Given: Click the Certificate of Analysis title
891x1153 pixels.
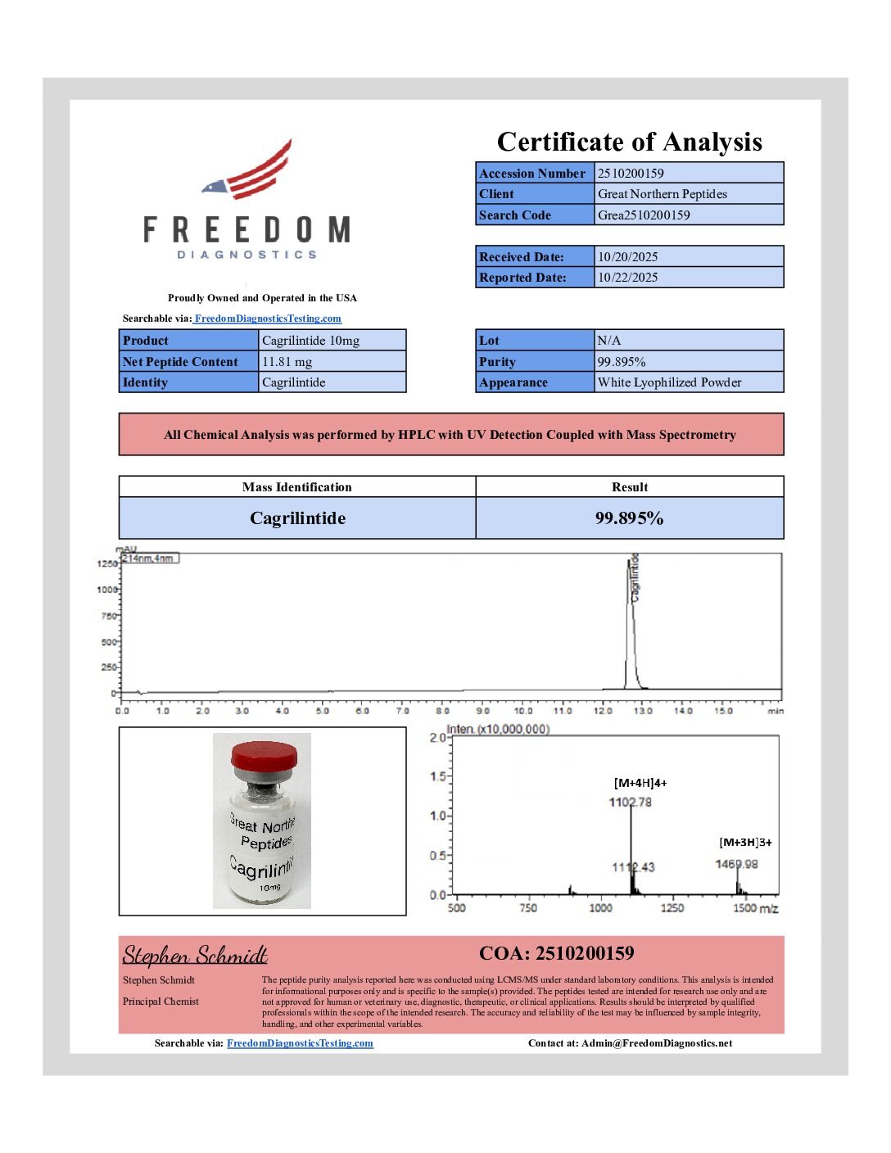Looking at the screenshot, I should pos(629,142).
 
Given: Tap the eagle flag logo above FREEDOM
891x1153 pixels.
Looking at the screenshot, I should pos(250,172).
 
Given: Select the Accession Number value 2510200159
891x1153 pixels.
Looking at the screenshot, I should pos(631,173).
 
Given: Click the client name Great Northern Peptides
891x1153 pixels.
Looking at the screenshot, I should pos(662,194).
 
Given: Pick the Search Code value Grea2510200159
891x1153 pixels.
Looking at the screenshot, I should pos(644,215).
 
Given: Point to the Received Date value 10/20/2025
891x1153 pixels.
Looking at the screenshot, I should pos(627,257).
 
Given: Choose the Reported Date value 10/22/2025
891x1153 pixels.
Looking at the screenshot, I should pos(627,278).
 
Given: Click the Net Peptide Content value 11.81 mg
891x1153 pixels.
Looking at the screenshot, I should pos(287,362).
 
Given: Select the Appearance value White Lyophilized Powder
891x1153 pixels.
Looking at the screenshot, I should pos(669,382).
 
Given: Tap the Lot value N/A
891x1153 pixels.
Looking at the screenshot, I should pos(609,341).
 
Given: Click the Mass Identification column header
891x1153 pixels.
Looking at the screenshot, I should pos(296,487).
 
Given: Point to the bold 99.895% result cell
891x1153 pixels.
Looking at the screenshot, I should pos(629,518).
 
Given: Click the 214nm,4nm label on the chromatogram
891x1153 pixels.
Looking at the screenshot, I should pos(149,558).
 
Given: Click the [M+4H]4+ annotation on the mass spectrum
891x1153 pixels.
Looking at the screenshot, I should pos(640,783).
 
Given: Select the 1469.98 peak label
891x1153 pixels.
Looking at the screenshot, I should pos(736,864).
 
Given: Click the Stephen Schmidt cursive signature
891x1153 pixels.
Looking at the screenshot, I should pos(195,956).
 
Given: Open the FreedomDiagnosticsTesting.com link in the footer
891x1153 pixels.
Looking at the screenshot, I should pos(300,1043).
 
